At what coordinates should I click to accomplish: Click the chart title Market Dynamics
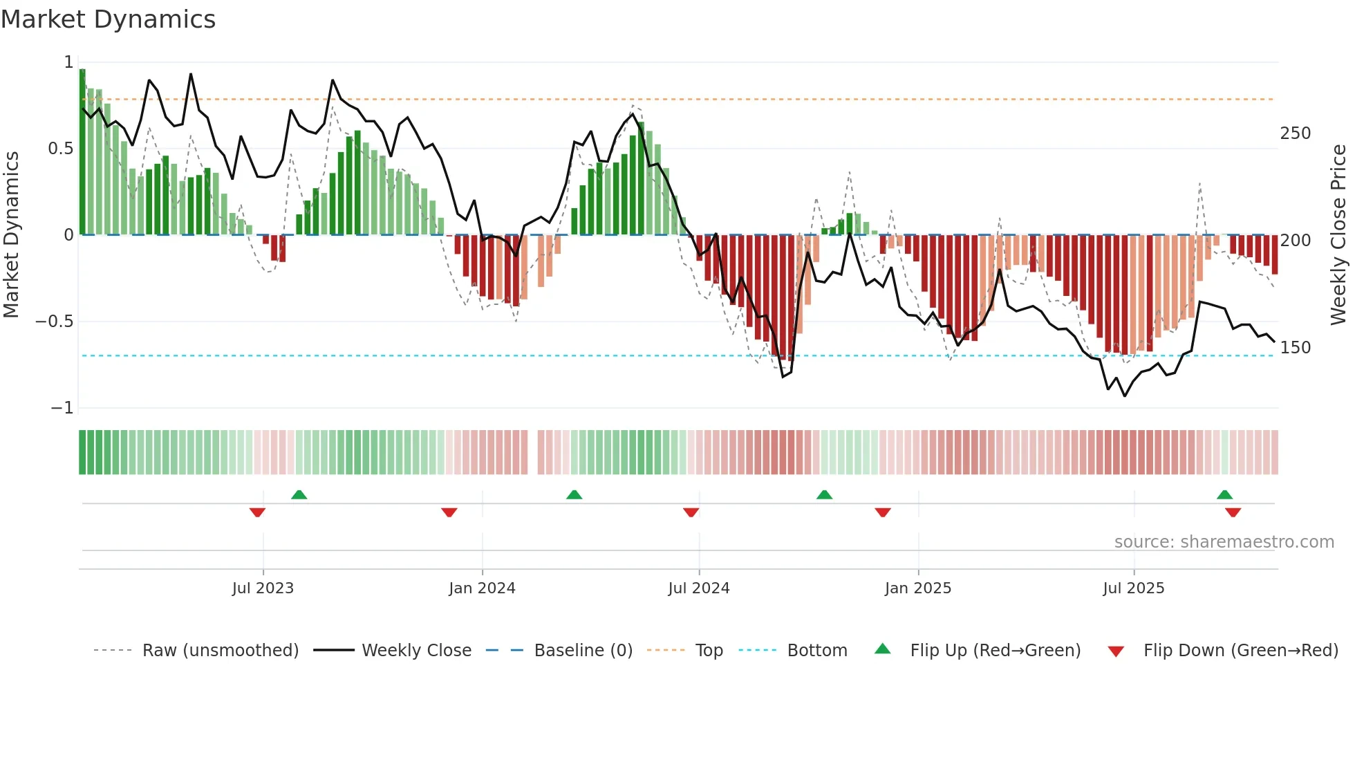(108, 19)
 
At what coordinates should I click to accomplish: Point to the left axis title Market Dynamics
(12, 235)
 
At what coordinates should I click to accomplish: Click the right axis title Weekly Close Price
(1338, 235)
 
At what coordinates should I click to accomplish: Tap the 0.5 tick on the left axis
(61, 149)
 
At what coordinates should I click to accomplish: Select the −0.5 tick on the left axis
(55, 322)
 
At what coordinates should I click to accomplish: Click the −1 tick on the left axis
(62, 408)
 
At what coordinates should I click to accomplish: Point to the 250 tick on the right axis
(1295, 133)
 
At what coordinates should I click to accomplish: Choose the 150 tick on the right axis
(1295, 348)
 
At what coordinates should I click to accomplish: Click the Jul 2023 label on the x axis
(263, 588)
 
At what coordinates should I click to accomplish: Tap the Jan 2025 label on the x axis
(918, 588)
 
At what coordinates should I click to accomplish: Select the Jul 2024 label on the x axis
(699, 588)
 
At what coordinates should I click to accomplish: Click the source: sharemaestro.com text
(1224, 542)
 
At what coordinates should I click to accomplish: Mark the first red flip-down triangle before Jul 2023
(257, 512)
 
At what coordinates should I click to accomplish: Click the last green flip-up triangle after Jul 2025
(1224, 494)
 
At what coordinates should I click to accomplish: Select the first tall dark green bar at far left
(82, 152)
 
